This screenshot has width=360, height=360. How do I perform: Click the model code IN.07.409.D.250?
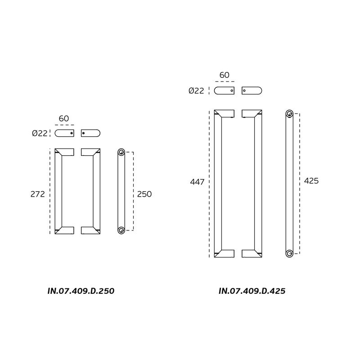tap(81, 291)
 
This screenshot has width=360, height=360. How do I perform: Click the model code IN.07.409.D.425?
tap(252, 291)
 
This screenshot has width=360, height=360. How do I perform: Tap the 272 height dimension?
tap(38, 194)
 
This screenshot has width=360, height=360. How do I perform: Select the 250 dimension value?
tap(144, 194)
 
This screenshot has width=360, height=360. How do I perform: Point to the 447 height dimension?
tap(197, 182)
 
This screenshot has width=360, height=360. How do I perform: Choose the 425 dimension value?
tap(311, 181)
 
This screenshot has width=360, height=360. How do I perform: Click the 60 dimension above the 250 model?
tap(64, 118)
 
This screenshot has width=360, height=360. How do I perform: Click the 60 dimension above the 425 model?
tap(224, 75)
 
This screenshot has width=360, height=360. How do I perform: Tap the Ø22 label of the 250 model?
tap(40, 133)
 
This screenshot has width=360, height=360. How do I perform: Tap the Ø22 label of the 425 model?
tap(196, 91)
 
